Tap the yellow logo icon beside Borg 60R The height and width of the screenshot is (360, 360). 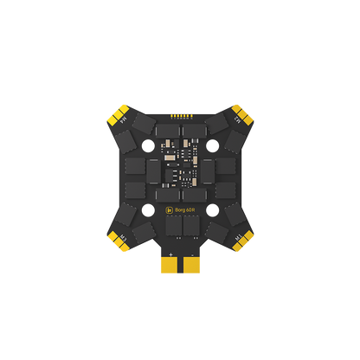click(x=169, y=209)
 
